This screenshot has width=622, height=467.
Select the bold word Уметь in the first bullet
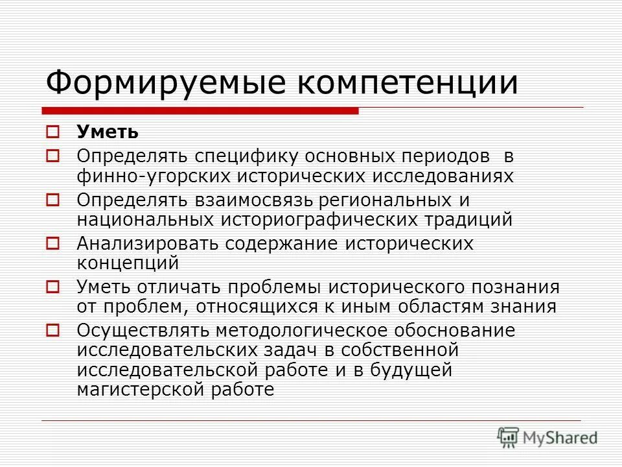click(108, 132)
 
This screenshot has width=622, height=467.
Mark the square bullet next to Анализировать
click(54, 244)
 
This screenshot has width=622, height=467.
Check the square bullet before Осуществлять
click(54, 331)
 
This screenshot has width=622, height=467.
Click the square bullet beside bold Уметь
click(54, 133)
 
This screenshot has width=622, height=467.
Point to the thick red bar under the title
click(201, 111)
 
